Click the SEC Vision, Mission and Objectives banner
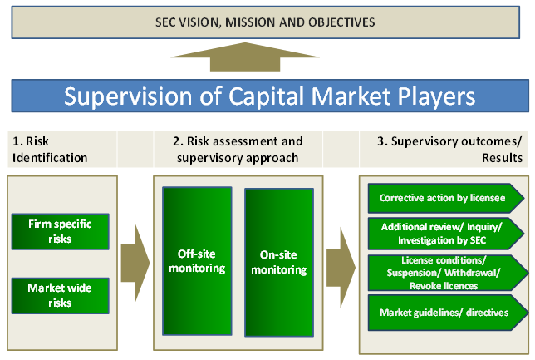[266, 20]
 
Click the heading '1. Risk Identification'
[49, 150]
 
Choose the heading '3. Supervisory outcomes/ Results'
[449, 150]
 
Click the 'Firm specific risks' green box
[61, 231]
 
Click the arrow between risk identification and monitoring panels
[135, 259]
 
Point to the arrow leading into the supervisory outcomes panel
[339, 259]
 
